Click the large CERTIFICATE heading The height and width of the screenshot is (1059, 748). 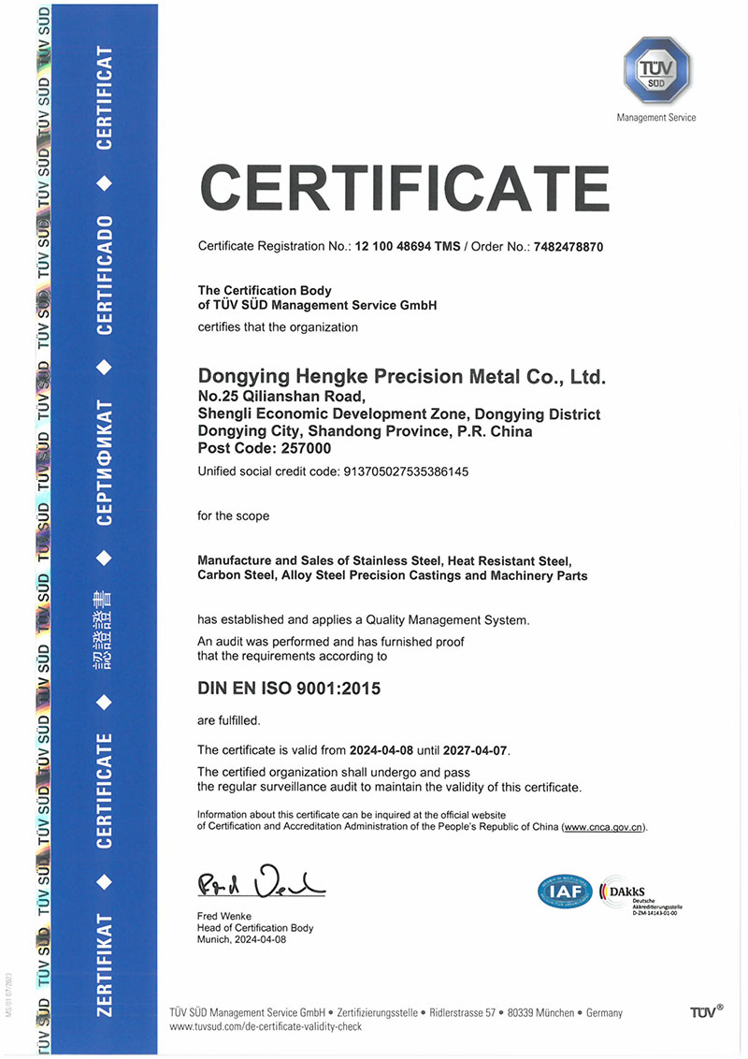pyautogui.click(x=405, y=189)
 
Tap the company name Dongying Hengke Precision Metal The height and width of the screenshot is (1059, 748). pyautogui.click(x=403, y=377)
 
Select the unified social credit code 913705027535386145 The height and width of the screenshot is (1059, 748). pyautogui.click(x=402, y=471)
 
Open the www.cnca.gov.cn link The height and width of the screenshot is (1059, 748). pyautogui.click(x=603, y=828)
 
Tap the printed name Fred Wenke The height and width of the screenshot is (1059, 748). pyautogui.click(x=225, y=915)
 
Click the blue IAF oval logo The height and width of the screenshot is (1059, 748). pyautogui.click(x=565, y=892)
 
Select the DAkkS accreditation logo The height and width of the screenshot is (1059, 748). pyautogui.click(x=635, y=892)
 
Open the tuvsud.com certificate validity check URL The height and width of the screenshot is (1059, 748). pyautogui.click(x=266, y=1026)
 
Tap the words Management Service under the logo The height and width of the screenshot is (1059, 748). pyautogui.click(x=656, y=118)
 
